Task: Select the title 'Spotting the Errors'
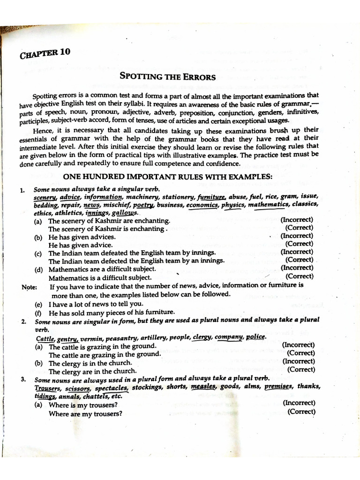[167, 76]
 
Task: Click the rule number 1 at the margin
[22, 190]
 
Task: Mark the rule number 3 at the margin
[22, 379]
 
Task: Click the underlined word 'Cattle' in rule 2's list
[45, 338]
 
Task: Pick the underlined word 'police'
[255, 337]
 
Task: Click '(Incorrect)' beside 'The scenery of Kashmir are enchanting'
[297, 219]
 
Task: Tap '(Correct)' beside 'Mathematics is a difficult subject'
[299, 276]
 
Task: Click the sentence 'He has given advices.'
[82, 237]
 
